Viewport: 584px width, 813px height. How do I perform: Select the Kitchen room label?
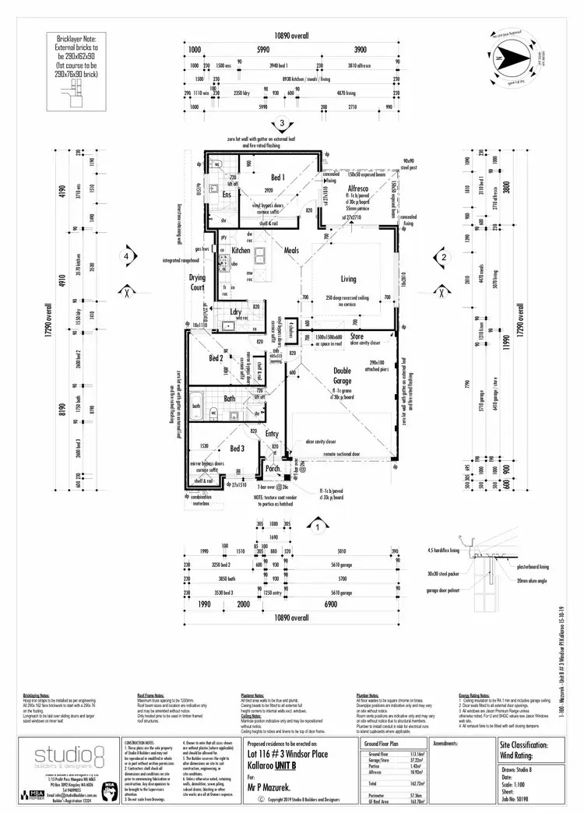tap(241, 251)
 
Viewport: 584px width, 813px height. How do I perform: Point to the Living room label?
tap(347, 279)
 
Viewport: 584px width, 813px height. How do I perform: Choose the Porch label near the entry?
tap(273, 469)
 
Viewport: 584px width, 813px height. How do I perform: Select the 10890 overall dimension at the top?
tap(290, 36)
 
